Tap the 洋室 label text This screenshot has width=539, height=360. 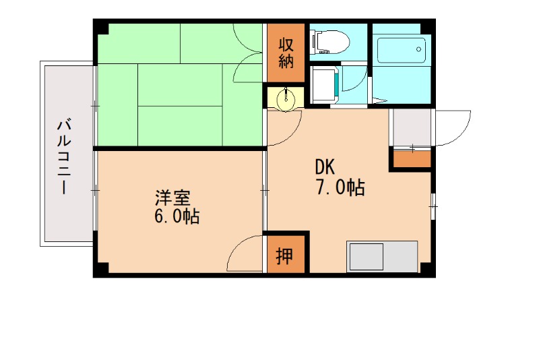[173, 198]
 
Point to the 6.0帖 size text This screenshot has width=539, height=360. [177, 217]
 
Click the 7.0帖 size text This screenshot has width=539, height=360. [340, 187]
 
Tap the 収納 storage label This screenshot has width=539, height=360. [286, 53]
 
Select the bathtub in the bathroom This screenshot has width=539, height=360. [402, 50]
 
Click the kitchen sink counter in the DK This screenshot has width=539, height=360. [381, 256]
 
